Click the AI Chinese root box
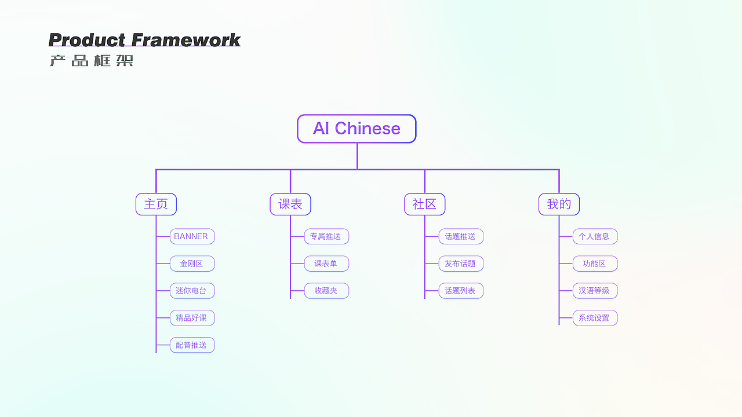point(357,129)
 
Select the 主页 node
point(156,204)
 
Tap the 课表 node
point(290,204)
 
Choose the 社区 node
point(424,204)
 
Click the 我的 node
point(559,204)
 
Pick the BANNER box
point(192,236)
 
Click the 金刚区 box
point(192,264)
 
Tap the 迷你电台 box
point(192,291)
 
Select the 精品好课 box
point(192,318)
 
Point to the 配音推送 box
point(192,345)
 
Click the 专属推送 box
point(326,236)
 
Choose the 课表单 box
point(326,264)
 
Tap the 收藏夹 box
point(326,291)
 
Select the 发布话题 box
point(460,264)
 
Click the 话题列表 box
point(460,291)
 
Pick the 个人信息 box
point(595,236)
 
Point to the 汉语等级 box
point(595,291)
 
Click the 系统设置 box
point(595,318)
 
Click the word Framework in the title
point(186,40)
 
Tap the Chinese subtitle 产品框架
point(92,61)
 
